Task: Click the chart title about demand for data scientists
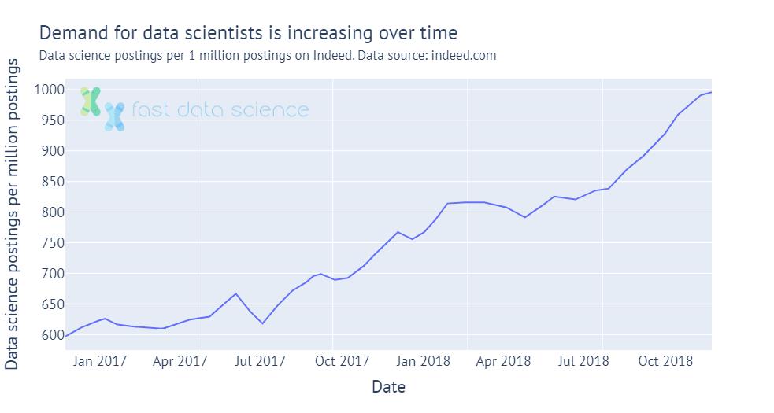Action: pyautogui.click(x=247, y=33)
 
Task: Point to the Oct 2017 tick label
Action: pyautogui.click(x=343, y=361)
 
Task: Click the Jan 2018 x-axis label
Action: pyautogui.click(x=423, y=361)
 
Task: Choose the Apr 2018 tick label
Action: pyautogui.click(x=503, y=361)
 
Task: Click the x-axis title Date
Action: pyautogui.click(x=388, y=387)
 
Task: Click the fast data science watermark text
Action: pyautogui.click(x=220, y=110)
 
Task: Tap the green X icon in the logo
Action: pyautogui.click(x=90, y=101)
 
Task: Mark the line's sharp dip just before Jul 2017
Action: pyautogui.click(x=263, y=323)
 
